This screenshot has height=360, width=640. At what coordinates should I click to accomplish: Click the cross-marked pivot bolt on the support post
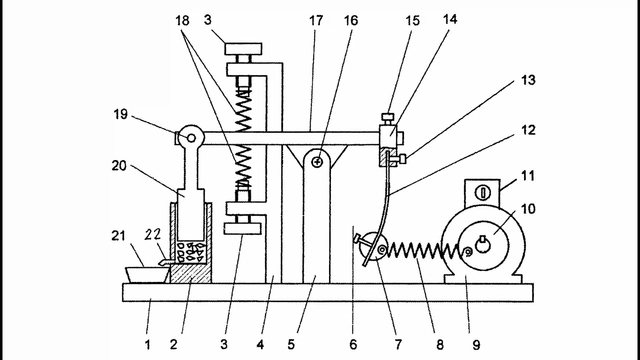pos(316,161)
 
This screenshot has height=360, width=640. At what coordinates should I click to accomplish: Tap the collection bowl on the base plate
pos(146,274)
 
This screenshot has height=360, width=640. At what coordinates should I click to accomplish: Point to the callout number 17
pos(315,21)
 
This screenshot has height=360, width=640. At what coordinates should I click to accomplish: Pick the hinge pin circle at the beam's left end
pos(190,137)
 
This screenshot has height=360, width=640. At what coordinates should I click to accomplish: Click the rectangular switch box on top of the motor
pos(482,192)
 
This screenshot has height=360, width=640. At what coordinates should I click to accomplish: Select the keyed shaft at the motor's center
pos(482,245)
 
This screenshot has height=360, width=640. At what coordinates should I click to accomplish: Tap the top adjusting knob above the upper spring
pos(243,49)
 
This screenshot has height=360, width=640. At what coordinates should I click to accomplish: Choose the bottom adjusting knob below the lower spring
pos(242,228)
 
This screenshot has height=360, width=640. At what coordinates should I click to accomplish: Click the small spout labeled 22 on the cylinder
pos(165,261)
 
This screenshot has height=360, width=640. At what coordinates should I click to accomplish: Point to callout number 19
pos(120,115)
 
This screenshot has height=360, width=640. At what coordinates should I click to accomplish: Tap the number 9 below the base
pos(476,344)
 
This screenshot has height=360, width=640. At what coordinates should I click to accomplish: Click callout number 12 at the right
pos(528,130)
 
